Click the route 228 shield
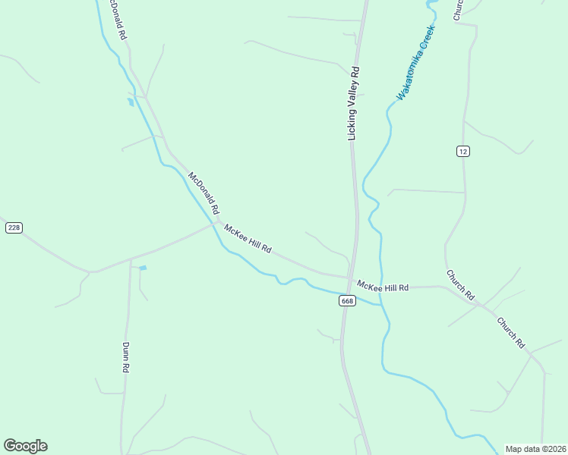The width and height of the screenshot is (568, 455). pyautogui.click(x=13, y=227)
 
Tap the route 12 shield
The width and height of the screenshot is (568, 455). pyautogui.click(x=463, y=152)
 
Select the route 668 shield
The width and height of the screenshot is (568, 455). pyautogui.click(x=347, y=301)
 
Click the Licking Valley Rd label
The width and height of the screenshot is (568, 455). pyautogui.click(x=353, y=103)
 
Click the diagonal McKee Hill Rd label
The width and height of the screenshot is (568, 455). pyautogui.click(x=248, y=239)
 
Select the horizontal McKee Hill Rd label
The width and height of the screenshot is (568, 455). pyautogui.click(x=383, y=287)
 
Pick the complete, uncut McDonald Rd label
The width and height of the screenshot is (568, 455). pyautogui.click(x=204, y=193)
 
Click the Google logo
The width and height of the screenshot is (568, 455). pyautogui.click(x=25, y=446)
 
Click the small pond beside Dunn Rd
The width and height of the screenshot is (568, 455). pyautogui.click(x=143, y=268)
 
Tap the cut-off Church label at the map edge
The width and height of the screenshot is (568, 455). pyautogui.click(x=458, y=9)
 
